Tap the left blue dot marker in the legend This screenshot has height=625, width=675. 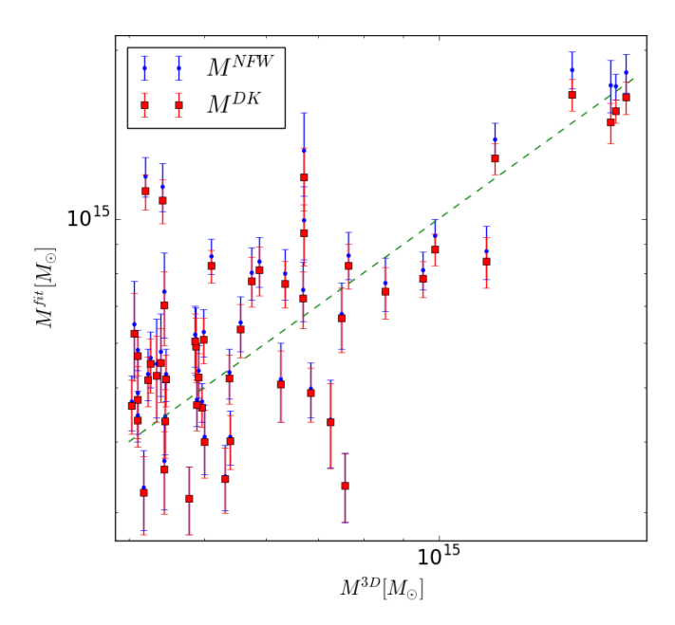pos(144,67)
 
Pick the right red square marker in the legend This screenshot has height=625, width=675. pos(178,105)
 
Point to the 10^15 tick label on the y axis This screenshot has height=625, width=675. pos(88,219)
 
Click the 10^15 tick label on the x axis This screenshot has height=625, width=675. pos(438,558)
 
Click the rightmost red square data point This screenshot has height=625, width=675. pos(626,98)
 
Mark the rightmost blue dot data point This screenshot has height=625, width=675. pos(626,72)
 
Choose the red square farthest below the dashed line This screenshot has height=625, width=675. pos(345,486)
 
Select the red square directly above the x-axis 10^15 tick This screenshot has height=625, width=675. pos(435,249)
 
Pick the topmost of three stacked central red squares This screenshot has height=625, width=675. pos(304,177)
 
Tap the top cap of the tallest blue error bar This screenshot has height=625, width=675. pos(304,114)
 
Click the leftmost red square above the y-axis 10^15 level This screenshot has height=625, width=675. pos(145,192)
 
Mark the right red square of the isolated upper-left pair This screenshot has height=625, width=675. pos(162,200)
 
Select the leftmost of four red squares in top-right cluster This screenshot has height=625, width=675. pos(572,95)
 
